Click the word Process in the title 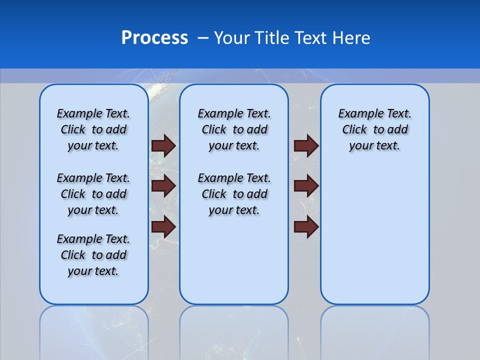(154, 38)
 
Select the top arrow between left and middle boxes (163, 145)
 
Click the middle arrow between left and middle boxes (163, 186)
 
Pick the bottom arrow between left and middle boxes (163, 227)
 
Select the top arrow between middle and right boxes (306, 145)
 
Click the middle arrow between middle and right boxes (306, 186)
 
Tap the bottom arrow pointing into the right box (306, 227)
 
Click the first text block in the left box (93, 129)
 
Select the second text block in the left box (93, 194)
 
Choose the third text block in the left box (93, 255)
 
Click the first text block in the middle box (234, 129)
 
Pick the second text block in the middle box (234, 194)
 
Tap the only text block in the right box (374, 129)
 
